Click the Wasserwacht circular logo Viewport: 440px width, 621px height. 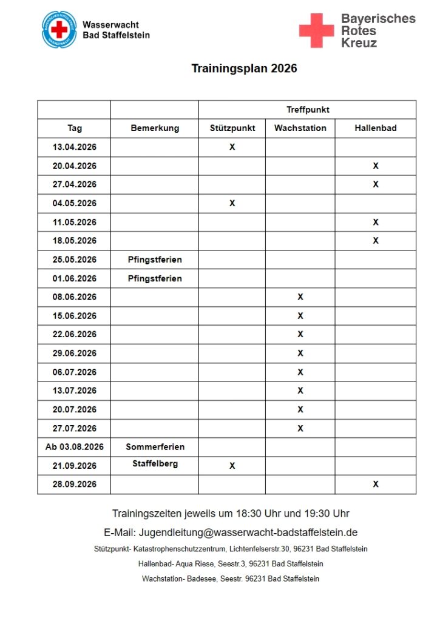[59, 29]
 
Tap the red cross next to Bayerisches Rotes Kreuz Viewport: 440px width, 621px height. [316, 30]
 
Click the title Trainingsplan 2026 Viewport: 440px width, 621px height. [244, 69]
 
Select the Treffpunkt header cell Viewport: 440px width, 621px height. [308, 110]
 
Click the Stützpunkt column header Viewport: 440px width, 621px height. [232, 128]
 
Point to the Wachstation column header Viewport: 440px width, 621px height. [300, 128]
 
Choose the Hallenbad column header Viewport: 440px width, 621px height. [375, 128]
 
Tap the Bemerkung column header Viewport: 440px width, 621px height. [155, 128]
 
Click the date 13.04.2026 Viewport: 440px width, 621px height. [75, 147]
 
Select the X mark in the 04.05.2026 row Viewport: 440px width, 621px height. [232, 203]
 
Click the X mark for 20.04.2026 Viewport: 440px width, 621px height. [376, 166]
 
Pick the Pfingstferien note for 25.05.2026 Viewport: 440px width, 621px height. [155, 260]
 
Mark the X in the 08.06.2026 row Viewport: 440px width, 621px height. [300, 297]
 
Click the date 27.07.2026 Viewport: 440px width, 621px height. [75, 428]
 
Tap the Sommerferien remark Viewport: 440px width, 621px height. [155, 447]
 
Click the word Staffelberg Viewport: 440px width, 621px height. [155, 464]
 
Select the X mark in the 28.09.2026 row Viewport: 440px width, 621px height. [376, 484]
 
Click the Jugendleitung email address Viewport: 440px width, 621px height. [248, 532]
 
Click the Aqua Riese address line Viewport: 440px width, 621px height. [231, 564]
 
